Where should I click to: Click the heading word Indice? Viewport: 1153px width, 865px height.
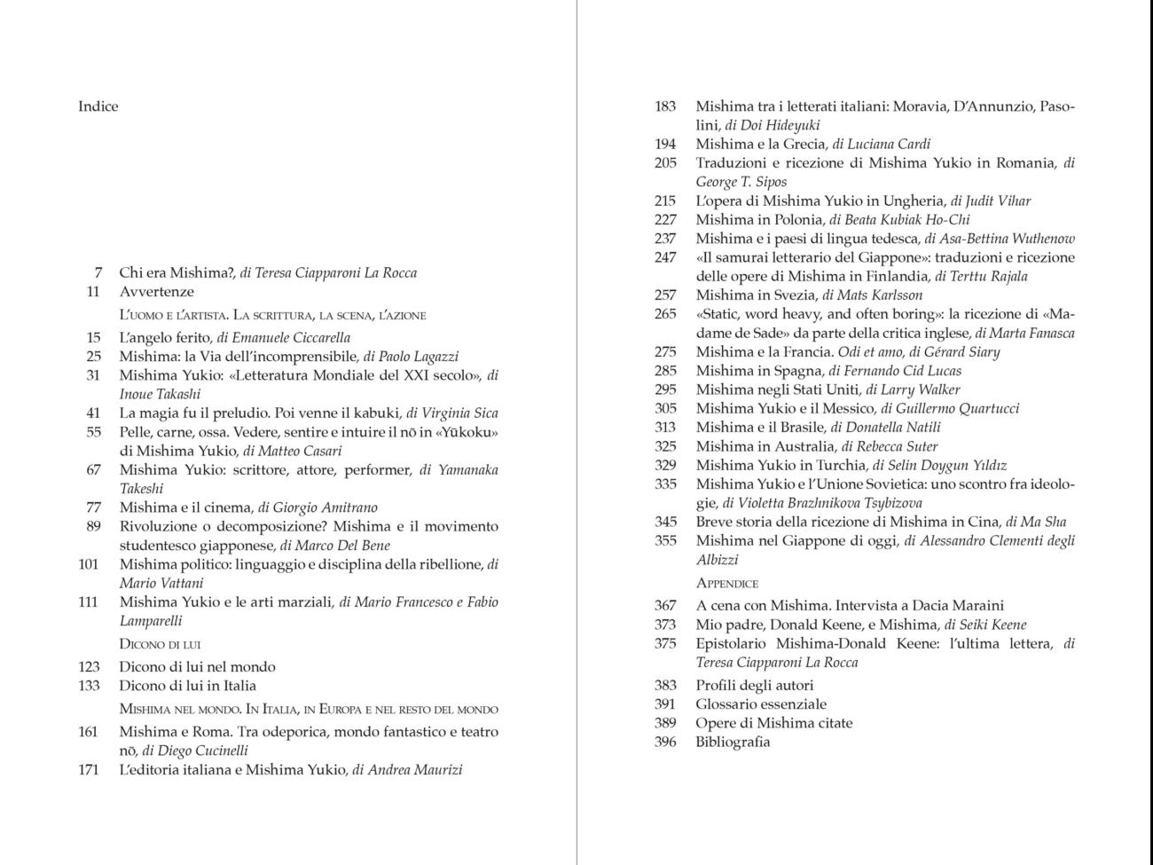(x=98, y=106)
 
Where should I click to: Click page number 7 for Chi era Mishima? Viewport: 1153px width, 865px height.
(x=98, y=273)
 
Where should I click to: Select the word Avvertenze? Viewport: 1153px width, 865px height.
(x=156, y=292)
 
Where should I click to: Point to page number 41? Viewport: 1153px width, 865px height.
(x=93, y=413)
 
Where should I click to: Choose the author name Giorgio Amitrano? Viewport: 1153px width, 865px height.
(x=325, y=508)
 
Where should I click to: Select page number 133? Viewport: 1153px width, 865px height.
(x=89, y=686)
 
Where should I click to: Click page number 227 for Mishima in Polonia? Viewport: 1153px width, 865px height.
(x=665, y=220)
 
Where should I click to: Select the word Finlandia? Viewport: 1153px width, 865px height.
(x=895, y=277)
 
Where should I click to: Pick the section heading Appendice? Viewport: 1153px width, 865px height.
(x=727, y=584)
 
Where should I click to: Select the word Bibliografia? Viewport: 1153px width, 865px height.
(x=733, y=743)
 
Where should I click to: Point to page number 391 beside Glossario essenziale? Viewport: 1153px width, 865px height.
(x=665, y=704)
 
